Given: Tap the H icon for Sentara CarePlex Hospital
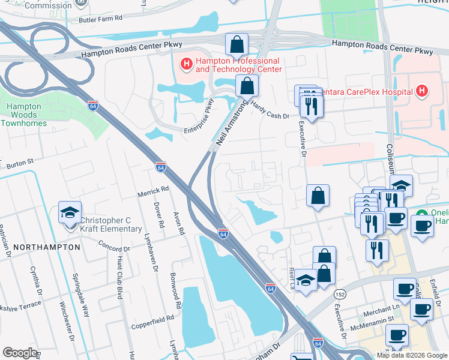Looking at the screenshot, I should click(x=423, y=91).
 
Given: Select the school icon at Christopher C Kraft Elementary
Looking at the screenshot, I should click(x=70, y=214).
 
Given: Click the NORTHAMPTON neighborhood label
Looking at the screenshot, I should click(x=47, y=247).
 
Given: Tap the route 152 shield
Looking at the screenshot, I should click(x=340, y=295).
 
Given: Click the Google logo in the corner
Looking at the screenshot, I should click(x=20, y=352).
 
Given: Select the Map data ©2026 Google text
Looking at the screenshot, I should click(x=412, y=355).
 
